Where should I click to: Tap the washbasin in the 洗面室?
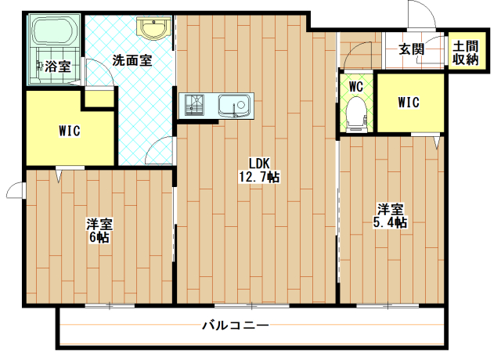(154, 27)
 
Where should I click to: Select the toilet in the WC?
(356, 114)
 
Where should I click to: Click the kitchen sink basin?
(234, 106)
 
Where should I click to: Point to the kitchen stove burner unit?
(194, 105)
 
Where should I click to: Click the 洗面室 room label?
(132, 60)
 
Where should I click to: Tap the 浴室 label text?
(57, 67)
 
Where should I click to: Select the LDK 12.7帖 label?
(259, 170)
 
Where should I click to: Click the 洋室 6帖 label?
(99, 231)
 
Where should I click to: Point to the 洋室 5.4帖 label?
(390, 216)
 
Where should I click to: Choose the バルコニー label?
(236, 326)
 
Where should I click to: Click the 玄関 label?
(411, 49)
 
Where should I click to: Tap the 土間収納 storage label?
(466, 53)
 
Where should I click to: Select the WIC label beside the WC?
(409, 103)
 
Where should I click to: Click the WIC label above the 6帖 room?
(70, 131)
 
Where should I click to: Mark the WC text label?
(356, 86)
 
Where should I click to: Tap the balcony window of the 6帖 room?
(110, 306)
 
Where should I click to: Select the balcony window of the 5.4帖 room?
(387, 306)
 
